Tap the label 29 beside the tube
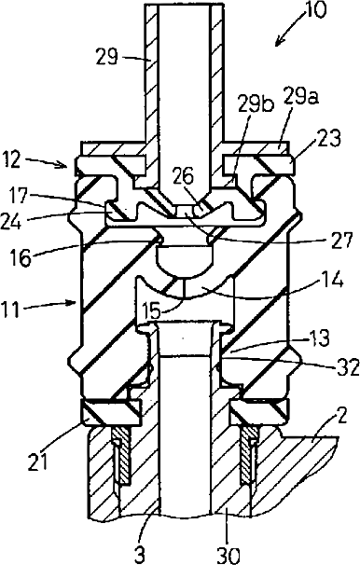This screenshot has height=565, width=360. (106, 57)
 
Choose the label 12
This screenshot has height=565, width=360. (13, 159)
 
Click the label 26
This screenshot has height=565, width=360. (182, 176)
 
